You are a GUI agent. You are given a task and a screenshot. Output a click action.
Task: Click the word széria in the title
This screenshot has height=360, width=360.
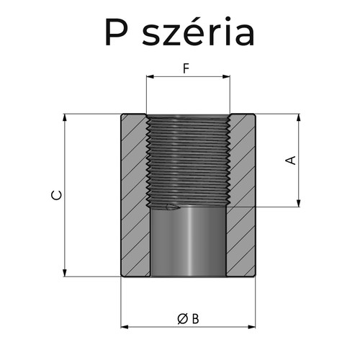pyautogui.click(x=204, y=32)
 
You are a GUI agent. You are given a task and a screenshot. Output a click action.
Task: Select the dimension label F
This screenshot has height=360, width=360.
pyautogui.click(x=187, y=70)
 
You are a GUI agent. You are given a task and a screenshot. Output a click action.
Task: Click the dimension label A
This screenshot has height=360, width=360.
pyautogui.click(x=292, y=161)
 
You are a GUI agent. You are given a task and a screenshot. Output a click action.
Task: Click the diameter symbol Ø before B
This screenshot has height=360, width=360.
pyautogui.click(x=182, y=318)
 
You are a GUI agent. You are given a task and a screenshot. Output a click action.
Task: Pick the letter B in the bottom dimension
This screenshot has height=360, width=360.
pyautogui.click(x=195, y=318)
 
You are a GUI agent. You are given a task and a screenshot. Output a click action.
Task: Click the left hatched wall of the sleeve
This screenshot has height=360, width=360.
pyautogui.click(x=134, y=194)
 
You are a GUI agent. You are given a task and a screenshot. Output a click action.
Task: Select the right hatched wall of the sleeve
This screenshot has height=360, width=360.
pyautogui.click(x=241, y=194)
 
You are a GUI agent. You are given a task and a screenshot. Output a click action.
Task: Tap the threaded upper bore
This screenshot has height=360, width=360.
pyautogui.click(x=187, y=158)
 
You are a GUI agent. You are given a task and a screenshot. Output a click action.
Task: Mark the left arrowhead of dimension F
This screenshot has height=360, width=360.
pyautogui.click(x=149, y=75)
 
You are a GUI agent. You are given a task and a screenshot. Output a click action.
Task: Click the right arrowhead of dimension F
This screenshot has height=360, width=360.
pyautogui.click(x=227, y=75)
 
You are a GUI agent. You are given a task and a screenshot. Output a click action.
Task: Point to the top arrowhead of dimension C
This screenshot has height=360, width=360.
pyautogui.click(x=66, y=117)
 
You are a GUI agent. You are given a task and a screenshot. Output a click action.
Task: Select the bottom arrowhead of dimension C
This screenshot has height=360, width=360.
pyautogui.click(x=66, y=273)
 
